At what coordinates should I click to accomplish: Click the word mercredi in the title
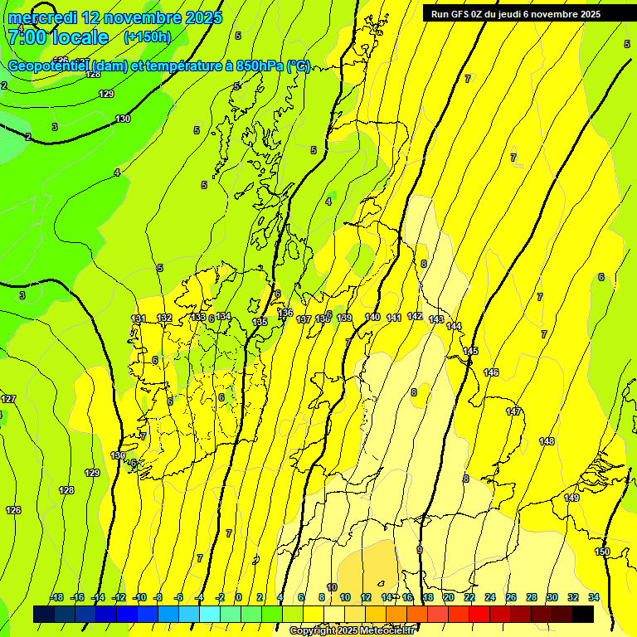point(43,17)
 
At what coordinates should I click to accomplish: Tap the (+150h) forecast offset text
point(148,36)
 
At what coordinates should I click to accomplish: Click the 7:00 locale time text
point(57,36)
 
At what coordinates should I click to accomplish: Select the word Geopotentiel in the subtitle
point(49,66)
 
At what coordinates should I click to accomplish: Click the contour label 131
point(139,318)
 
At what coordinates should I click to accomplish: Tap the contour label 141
point(394,318)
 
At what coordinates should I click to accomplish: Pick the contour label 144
point(454,326)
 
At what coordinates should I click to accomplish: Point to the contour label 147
point(513,411)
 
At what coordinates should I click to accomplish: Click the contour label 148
point(547,441)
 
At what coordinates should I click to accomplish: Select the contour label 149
point(571,498)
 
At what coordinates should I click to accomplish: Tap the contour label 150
point(602,552)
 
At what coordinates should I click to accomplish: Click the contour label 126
point(13,510)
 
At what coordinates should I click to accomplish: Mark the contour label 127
point(8,399)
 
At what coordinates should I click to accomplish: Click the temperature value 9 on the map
point(419,550)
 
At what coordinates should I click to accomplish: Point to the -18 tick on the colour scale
point(57,597)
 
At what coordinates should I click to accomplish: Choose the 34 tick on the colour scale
point(594,597)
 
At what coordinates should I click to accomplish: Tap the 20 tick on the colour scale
point(449,597)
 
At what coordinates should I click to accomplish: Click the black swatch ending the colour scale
point(583,614)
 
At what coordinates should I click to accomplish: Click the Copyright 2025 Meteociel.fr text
point(353,630)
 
